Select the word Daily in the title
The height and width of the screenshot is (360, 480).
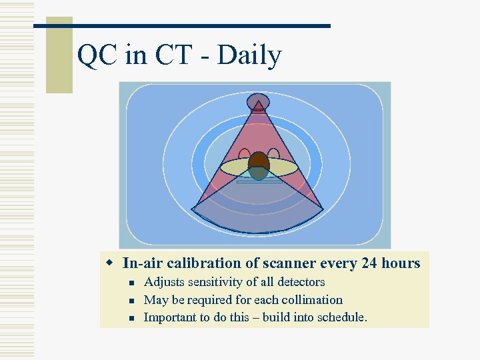(x=249, y=56)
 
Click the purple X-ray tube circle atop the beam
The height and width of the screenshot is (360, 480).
(x=258, y=102)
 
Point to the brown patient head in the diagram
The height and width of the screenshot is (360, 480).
(x=259, y=162)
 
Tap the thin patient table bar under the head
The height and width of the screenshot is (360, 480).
(x=259, y=181)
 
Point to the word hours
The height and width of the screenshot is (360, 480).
(x=401, y=263)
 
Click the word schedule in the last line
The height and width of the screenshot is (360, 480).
(x=338, y=317)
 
